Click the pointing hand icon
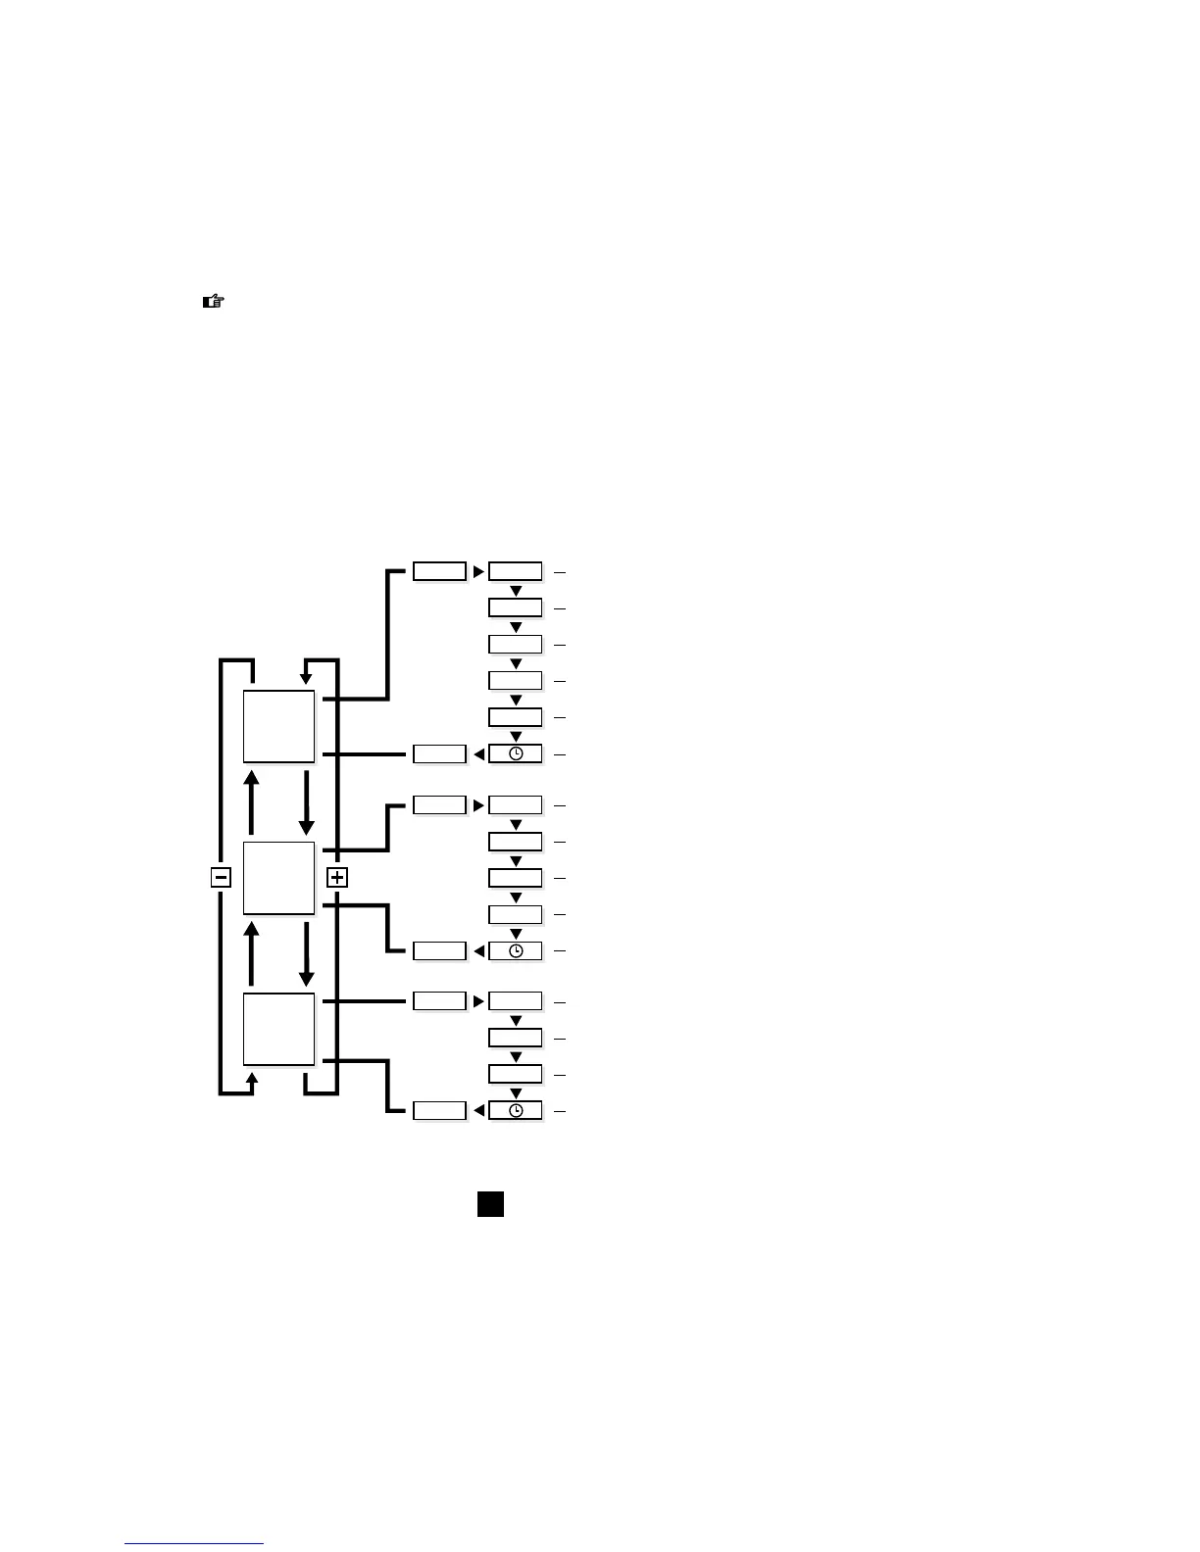pos(213,302)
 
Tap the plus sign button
pos(337,877)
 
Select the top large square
pos(279,726)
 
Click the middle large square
pos(279,877)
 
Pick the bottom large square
pos(279,1029)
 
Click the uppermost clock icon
pos(516,754)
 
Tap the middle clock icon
pos(516,950)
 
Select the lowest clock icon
pos(516,1111)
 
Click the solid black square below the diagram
pos(490,1204)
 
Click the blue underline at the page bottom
pos(194,1543)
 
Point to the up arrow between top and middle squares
pos(252,801)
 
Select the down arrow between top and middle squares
pos(307,801)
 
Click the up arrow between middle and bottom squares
pos(252,952)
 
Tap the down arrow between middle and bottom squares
pos(307,952)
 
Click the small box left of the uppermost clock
pos(439,754)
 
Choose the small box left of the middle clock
pos(439,950)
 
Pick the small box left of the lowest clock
pos(439,1111)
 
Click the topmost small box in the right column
pos(516,571)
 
